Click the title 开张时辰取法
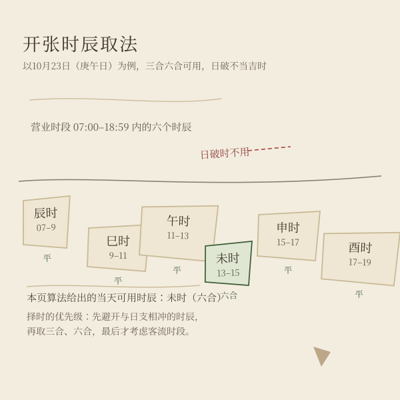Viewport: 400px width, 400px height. (80, 44)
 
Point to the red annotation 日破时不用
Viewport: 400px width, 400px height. (225, 153)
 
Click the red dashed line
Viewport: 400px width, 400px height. (269, 149)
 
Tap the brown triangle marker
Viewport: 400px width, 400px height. (321, 355)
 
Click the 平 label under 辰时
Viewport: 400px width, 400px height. (47, 258)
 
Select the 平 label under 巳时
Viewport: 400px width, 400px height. (118, 281)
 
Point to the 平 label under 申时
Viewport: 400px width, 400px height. (288, 270)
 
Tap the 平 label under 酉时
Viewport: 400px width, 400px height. (359, 294)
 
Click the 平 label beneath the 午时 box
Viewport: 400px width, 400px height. (177, 270)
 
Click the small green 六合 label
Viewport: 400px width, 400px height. (229, 296)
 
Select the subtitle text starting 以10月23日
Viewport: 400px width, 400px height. (145, 66)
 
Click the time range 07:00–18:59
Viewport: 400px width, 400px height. (101, 127)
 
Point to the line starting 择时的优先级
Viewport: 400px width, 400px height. (112, 317)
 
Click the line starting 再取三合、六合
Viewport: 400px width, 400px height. (109, 331)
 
